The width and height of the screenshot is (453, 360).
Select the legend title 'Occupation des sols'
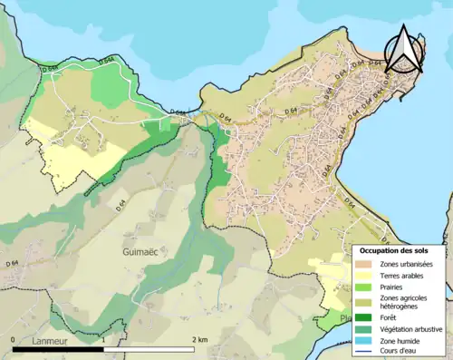(401, 250)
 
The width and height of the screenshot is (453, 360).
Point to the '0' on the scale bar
(14, 339)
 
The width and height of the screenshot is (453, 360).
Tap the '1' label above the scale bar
(105, 339)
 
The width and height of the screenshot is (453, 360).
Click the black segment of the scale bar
(60, 348)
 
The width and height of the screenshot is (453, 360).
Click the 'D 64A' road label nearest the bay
(51, 67)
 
